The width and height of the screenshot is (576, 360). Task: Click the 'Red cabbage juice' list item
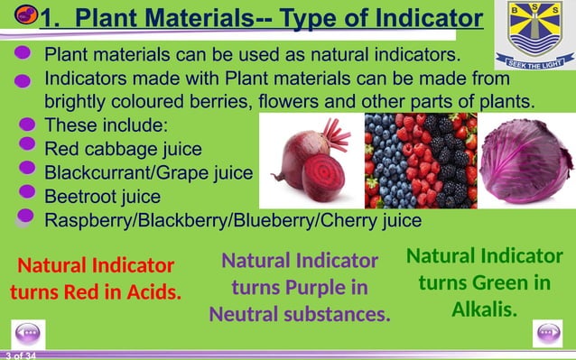pyautogui.click(x=123, y=148)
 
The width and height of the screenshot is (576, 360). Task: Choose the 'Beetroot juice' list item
pyautogui.click(x=102, y=196)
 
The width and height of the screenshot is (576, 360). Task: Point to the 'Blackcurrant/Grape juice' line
pyautogui.click(x=148, y=171)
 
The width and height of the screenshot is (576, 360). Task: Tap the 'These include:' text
pyautogui.click(x=106, y=125)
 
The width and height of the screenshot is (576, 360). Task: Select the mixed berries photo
pyautogui.click(x=420, y=161)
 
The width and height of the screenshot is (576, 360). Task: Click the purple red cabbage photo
pyautogui.click(x=525, y=161)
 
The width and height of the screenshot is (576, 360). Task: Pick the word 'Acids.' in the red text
pyautogui.click(x=147, y=292)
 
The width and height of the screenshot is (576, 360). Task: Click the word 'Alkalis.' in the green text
pyautogui.click(x=484, y=309)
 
